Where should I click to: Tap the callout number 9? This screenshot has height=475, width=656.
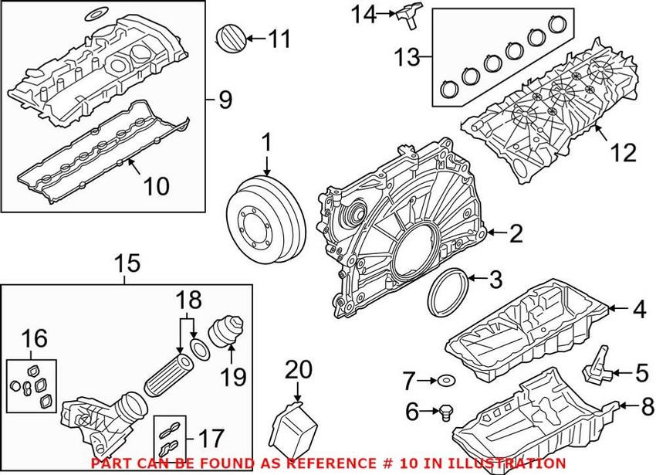tap(225, 99)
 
